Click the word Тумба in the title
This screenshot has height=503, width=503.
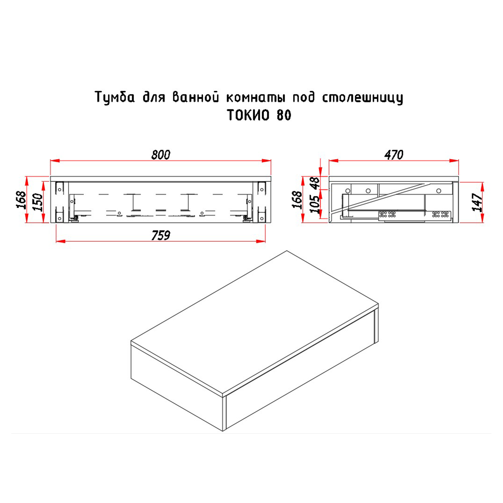pos(115,97)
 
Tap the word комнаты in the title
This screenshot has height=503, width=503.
pos(256,97)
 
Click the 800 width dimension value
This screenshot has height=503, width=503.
pos(161,155)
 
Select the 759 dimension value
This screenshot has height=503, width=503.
pos(161,236)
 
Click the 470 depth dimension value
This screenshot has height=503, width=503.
pos(394,155)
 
